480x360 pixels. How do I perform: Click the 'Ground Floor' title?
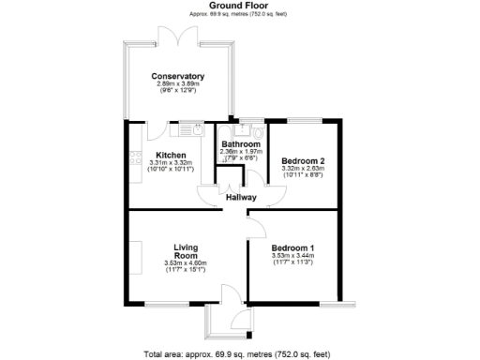(241, 6)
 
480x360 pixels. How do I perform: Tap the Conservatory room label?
(178, 76)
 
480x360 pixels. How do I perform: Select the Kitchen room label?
(171, 155)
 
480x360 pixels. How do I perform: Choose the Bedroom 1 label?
(292, 247)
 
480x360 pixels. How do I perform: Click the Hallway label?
(241, 197)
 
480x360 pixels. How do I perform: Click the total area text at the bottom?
(238, 353)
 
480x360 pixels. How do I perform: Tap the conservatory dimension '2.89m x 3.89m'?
(178, 83)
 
